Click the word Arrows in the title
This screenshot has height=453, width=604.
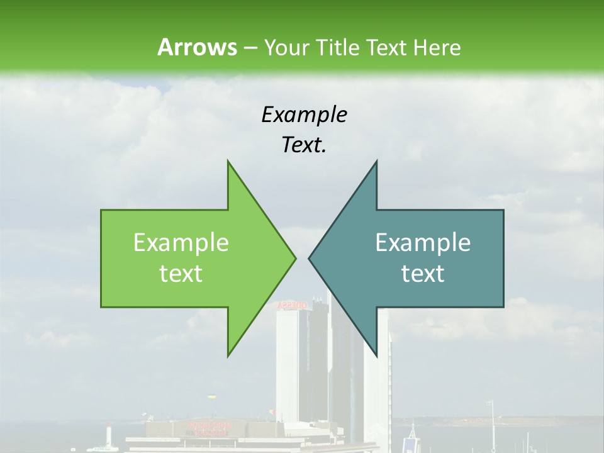click(197, 47)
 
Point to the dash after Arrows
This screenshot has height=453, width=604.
click(250, 48)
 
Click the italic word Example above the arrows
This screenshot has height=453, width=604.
click(304, 115)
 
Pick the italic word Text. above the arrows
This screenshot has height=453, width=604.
click(304, 145)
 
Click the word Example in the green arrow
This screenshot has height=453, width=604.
click(181, 243)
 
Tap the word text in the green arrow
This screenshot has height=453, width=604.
click(181, 274)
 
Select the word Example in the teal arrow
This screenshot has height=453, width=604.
click(423, 243)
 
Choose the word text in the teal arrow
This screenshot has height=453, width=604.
click(423, 274)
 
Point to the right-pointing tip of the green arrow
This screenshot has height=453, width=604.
click(295, 258)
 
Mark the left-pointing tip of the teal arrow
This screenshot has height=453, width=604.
click(309, 258)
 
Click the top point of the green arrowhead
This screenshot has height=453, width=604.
click(228, 161)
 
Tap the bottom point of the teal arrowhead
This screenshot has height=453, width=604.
click(376, 356)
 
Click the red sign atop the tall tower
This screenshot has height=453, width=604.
click(292, 305)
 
